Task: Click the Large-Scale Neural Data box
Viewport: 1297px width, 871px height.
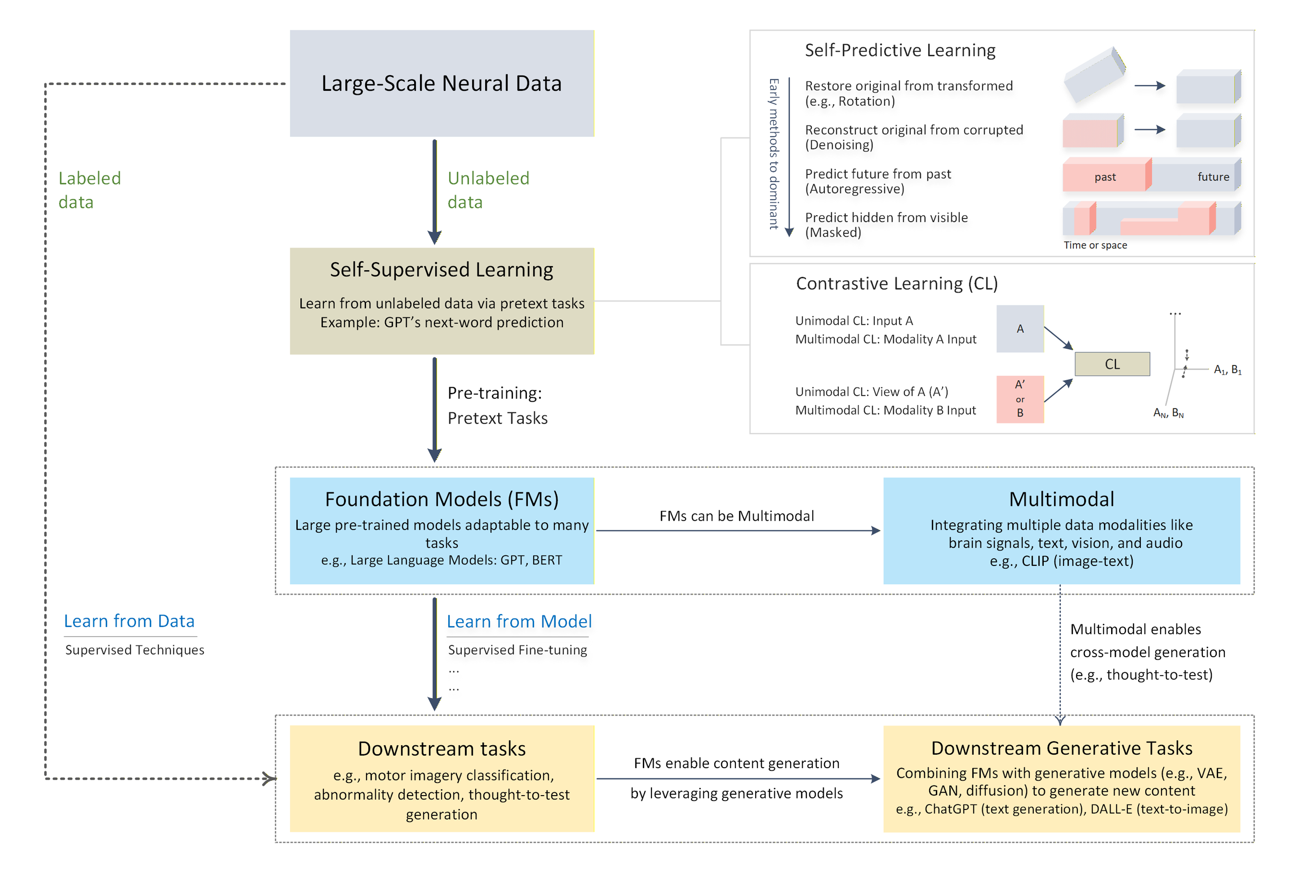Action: tap(441, 83)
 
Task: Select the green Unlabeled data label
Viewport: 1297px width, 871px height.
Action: tap(488, 190)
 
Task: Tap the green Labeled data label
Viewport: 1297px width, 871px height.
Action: tap(89, 190)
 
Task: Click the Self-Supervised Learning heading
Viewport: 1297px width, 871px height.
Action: tap(441, 270)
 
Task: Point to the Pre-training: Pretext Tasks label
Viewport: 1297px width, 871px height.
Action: tap(497, 405)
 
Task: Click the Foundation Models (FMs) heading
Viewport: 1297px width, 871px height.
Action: tap(441, 499)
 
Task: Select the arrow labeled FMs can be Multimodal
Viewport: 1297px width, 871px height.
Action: tap(738, 530)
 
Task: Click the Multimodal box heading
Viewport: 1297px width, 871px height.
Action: tap(1061, 499)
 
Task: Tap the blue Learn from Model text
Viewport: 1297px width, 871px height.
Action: tap(519, 621)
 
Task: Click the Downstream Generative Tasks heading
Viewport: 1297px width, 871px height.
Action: tap(1061, 748)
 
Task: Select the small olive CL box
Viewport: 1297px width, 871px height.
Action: tap(1112, 364)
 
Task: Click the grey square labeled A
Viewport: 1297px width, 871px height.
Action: tap(1020, 329)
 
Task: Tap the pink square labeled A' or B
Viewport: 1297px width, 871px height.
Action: tap(1020, 399)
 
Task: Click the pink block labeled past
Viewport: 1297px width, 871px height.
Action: tap(1104, 177)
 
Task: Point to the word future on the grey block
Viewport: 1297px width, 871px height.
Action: tap(1212, 177)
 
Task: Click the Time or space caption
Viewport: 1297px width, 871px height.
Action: tap(1095, 245)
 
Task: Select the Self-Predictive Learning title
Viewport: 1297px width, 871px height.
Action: tap(900, 50)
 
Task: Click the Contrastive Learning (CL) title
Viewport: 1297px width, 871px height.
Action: tap(896, 283)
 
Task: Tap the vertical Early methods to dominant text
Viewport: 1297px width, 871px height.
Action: tap(773, 153)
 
